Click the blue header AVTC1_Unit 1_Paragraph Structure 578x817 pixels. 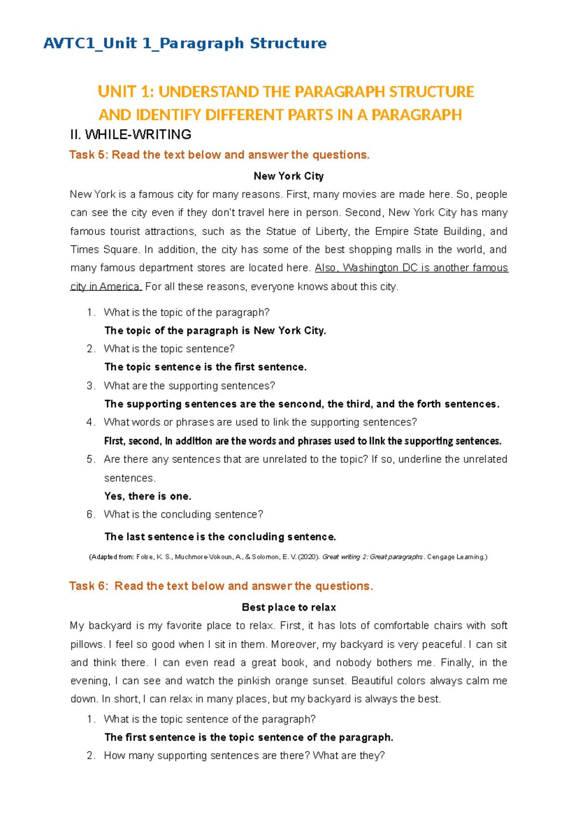coord(185,44)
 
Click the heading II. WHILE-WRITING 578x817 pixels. coord(131,134)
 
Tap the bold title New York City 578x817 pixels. coord(289,176)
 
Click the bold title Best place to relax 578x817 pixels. coord(289,607)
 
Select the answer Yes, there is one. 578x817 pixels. coord(148,497)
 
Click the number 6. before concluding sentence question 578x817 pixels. coord(91,514)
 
